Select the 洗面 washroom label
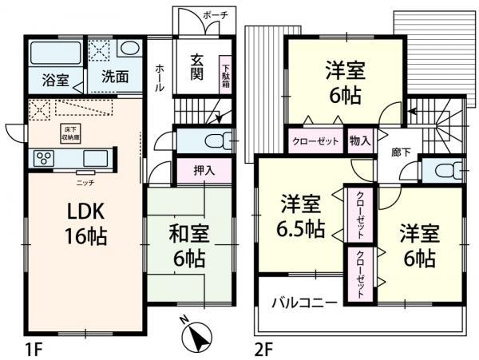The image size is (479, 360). [115, 80]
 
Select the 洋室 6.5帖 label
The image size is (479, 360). [300, 217]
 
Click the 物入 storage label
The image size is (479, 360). [360, 140]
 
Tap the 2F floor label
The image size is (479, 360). [264, 349]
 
